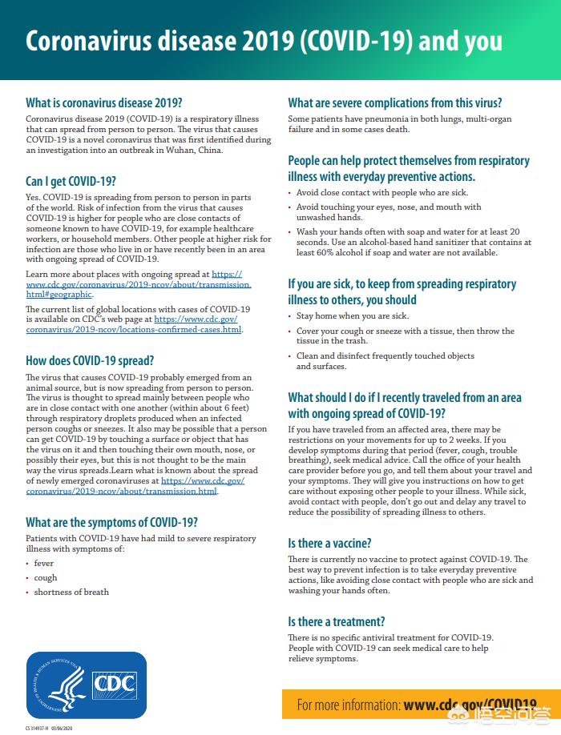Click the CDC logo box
(115, 685)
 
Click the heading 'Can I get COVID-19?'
(71, 182)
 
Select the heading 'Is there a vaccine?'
(329, 543)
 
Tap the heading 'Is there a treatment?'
(336, 621)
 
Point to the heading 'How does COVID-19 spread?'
(90, 360)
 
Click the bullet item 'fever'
(43, 564)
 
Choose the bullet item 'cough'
(45, 578)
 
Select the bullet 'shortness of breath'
(71, 592)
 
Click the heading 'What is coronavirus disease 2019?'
(104, 103)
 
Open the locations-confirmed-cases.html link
(133, 329)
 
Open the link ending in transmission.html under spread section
(121, 491)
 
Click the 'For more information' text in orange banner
(348, 705)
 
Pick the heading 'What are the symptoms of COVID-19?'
(112, 523)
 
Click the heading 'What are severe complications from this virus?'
(394, 103)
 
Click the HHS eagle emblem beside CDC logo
(61, 685)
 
